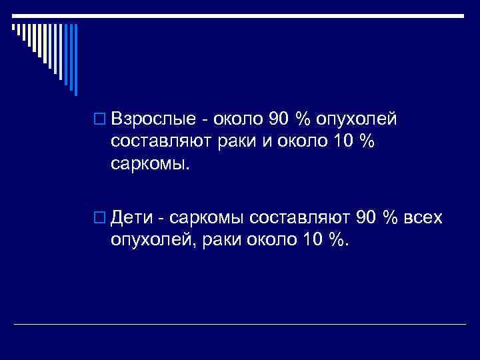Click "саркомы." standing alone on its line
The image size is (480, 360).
tap(151, 164)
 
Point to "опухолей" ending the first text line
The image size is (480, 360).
tap(356, 120)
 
